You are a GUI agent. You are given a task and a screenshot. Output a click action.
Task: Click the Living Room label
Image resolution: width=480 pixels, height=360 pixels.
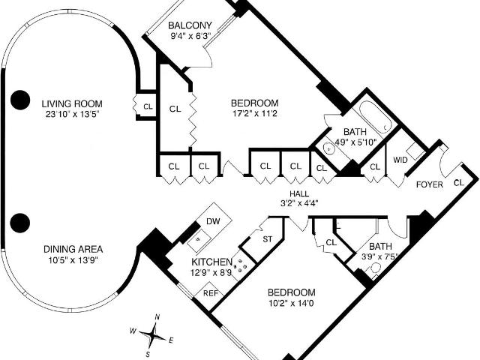tap(72, 103)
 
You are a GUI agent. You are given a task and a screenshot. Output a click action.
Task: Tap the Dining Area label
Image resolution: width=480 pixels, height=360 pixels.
tap(73, 249)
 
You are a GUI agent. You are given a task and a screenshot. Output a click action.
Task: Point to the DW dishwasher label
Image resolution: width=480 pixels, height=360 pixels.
tap(213, 221)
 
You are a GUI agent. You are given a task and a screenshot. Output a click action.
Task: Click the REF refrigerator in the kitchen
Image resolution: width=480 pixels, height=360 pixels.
tap(211, 293)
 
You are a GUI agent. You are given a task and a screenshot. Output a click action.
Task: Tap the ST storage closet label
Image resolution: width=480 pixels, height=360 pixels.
tap(267, 239)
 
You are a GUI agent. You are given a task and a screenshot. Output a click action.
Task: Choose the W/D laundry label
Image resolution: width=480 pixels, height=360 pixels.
tap(400, 160)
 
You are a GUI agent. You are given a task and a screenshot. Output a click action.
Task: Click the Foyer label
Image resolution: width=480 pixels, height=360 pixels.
tap(430, 184)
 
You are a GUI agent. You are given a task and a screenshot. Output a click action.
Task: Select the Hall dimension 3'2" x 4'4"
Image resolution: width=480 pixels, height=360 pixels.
tap(299, 203)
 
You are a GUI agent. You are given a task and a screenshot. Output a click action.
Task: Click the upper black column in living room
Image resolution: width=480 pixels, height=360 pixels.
tap(20, 100)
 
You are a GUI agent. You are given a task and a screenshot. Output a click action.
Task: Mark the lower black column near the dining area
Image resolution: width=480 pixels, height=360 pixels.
tap(20, 223)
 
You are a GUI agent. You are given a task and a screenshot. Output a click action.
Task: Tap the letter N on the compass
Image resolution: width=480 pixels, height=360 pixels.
tap(157, 316)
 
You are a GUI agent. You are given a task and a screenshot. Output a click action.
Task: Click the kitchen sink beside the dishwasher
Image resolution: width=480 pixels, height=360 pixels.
tap(198, 239)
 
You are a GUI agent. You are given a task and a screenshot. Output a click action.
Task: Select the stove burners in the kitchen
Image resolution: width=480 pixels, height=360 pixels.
tap(241, 264)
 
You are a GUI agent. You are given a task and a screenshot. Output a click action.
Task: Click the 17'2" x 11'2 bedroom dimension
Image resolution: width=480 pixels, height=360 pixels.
tap(254, 114)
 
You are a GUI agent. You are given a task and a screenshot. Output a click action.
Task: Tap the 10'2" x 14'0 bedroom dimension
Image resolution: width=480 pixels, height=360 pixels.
tap(291, 304)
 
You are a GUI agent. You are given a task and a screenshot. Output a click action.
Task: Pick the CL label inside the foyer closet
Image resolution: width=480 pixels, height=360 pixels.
tap(459, 183)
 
